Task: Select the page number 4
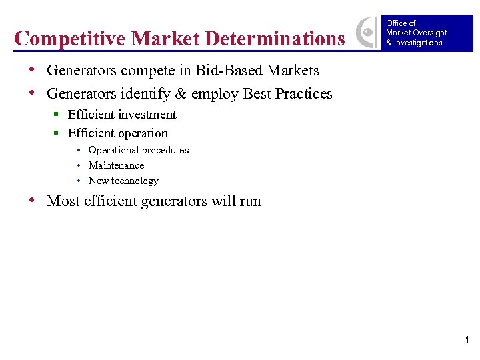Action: coord(466,340)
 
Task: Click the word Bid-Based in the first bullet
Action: coord(226,71)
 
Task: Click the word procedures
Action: coord(165,150)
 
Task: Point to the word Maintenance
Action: coord(116,165)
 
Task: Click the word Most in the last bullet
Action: coord(62,201)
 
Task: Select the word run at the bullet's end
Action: coord(250,201)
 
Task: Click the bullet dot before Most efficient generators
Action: coord(33,201)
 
